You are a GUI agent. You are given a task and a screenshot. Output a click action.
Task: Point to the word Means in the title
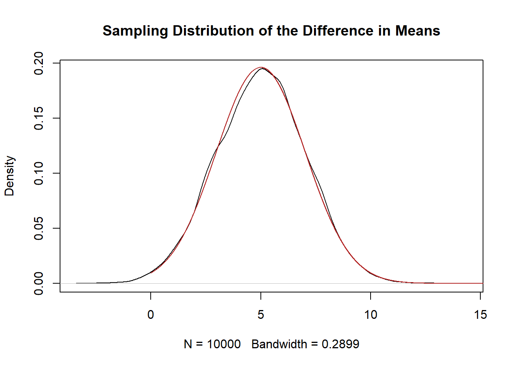point(418,31)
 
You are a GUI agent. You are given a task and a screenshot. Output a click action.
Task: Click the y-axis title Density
point(10,176)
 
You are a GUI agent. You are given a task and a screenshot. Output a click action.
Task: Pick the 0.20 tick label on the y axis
point(39,63)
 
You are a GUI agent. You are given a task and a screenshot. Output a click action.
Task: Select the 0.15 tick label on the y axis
point(39,118)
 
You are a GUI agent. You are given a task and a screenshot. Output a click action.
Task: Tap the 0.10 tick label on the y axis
point(39,173)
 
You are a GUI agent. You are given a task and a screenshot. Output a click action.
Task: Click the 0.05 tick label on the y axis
point(39,228)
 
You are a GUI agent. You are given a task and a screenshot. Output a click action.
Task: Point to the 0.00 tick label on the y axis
point(39,283)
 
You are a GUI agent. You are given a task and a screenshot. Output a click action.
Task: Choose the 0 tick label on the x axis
point(151,315)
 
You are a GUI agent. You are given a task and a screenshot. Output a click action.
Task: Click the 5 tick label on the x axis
point(261,315)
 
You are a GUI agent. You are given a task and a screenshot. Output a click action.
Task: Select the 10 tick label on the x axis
point(371,315)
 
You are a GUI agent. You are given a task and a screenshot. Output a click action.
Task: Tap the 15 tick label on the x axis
point(480,315)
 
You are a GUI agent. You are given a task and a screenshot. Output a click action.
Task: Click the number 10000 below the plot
point(224,344)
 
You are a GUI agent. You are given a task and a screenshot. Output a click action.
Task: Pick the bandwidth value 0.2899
point(340,344)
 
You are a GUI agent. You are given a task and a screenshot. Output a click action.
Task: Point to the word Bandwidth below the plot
point(279,344)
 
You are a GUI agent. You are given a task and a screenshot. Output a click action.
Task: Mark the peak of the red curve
point(261,67)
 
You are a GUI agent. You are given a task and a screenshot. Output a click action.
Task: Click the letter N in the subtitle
point(188,344)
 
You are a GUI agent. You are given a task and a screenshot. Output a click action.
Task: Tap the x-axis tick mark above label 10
point(371,296)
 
